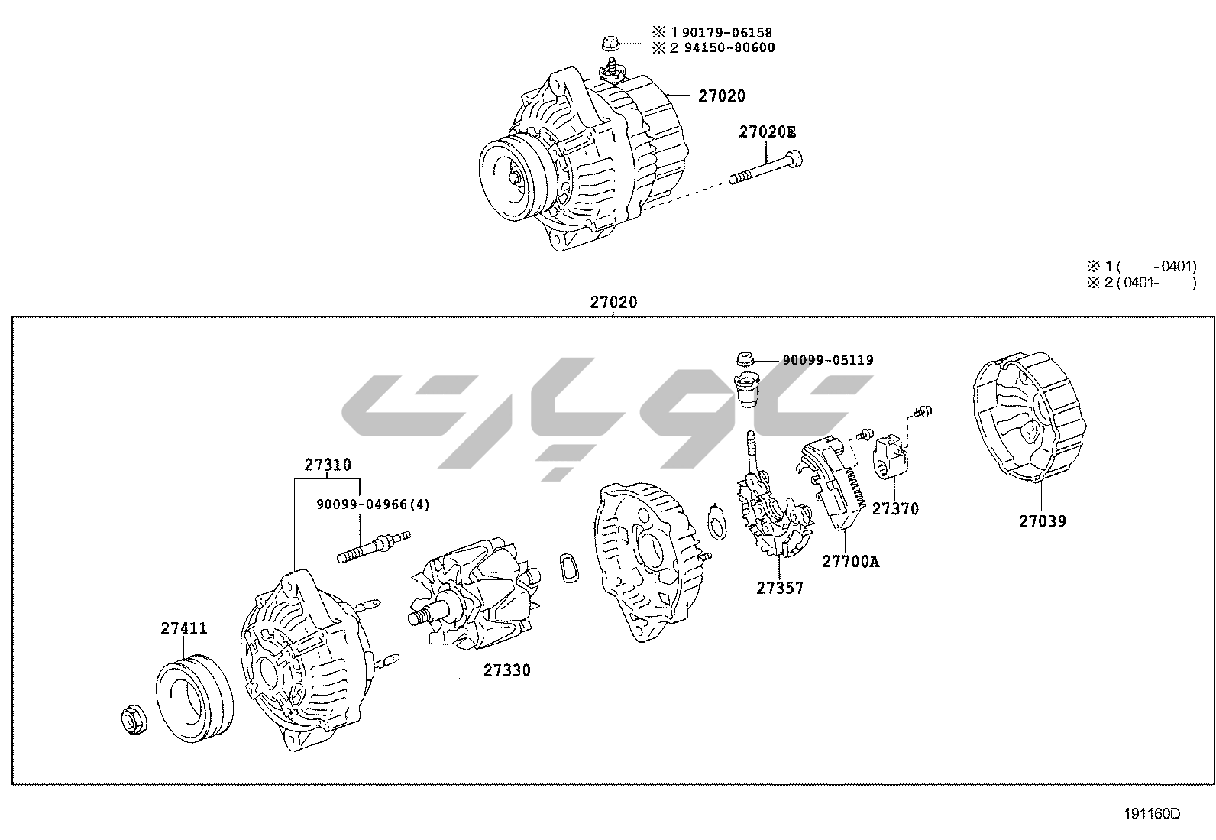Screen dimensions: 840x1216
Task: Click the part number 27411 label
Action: click(x=183, y=628)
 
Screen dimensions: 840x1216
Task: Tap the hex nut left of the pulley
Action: click(x=134, y=720)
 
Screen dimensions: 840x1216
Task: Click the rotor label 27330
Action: click(x=506, y=670)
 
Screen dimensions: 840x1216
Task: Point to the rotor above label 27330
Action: click(x=474, y=595)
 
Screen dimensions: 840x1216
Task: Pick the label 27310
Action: click(x=328, y=465)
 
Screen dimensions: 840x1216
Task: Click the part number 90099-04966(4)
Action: click(x=373, y=504)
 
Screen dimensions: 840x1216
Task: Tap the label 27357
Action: click(x=780, y=588)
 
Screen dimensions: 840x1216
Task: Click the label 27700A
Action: click(x=850, y=562)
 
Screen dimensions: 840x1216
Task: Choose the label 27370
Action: click(x=895, y=508)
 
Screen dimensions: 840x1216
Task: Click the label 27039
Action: click(x=1042, y=521)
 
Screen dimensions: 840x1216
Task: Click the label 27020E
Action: click(x=766, y=132)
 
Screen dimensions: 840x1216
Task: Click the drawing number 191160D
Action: click(x=1151, y=814)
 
